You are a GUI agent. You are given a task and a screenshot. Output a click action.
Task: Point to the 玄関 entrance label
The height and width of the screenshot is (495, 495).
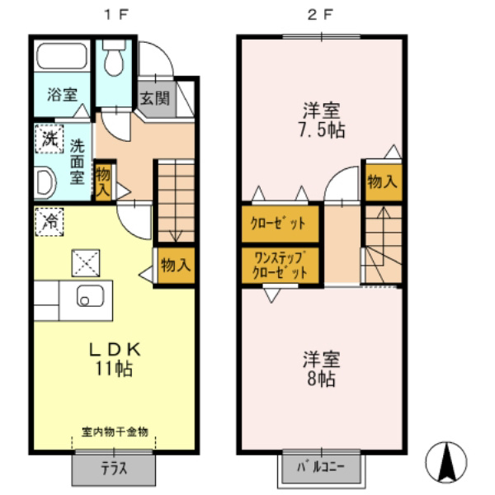tap(153, 98)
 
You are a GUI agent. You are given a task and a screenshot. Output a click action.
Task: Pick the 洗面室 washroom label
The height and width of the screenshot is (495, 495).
tap(77, 160)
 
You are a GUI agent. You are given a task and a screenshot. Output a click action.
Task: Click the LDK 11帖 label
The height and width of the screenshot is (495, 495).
tap(116, 359)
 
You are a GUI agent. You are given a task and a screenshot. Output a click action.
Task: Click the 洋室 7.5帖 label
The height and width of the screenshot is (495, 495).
tap(322, 120)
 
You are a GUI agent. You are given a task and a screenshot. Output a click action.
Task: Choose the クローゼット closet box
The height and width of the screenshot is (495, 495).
tap(280, 223)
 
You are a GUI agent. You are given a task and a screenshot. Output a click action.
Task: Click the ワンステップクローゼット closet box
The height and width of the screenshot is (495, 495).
tap(280, 264)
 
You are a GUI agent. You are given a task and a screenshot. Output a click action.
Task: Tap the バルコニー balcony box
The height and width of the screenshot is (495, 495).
tap(321, 468)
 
